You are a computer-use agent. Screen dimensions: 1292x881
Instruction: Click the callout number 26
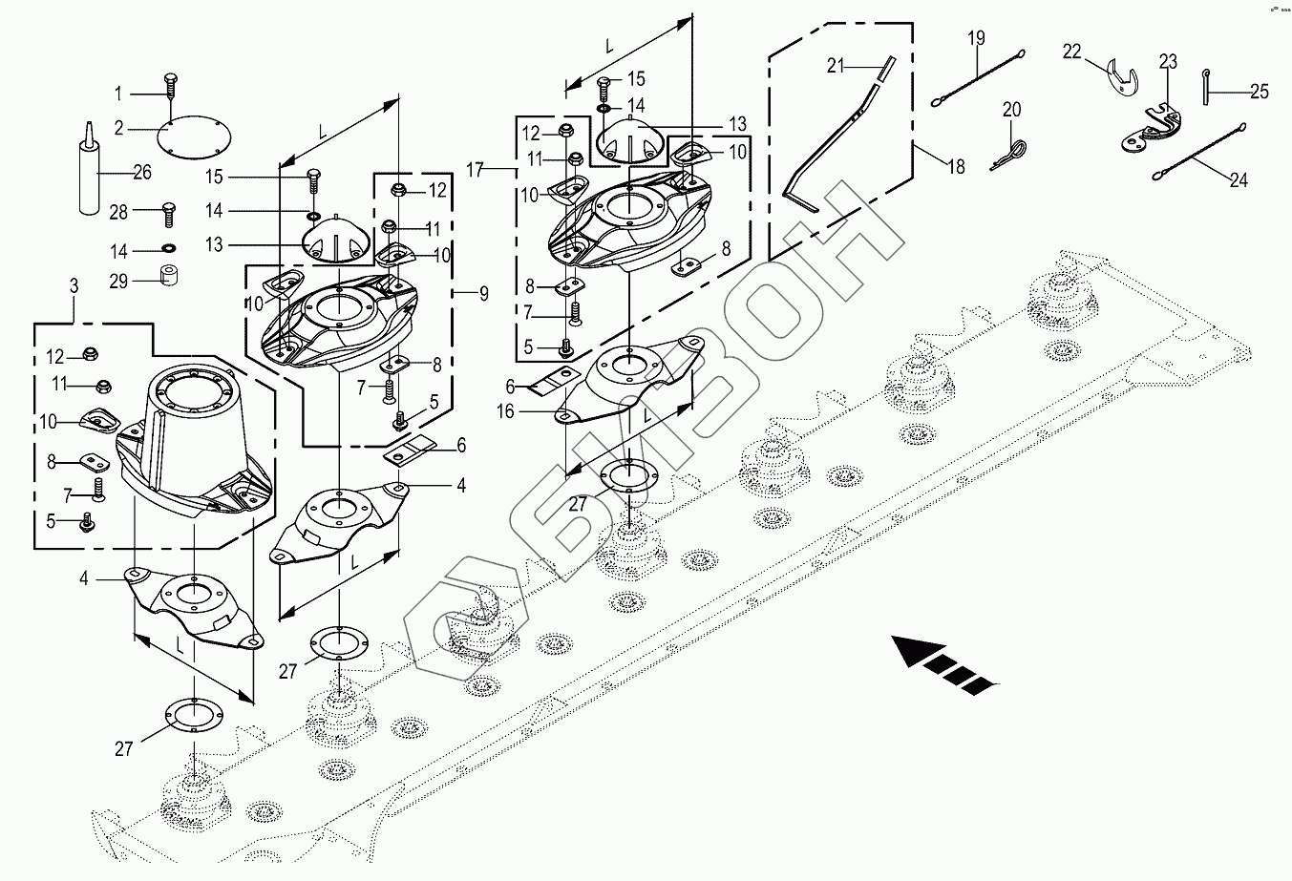[142, 172]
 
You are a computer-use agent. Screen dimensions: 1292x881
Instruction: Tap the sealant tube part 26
[90, 169]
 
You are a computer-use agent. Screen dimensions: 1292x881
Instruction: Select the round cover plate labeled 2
[194, 138]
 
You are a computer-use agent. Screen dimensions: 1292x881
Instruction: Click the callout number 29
[118, 282]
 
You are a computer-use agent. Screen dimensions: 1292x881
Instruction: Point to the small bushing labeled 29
[168, 275]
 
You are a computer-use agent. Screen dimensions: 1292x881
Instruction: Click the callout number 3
[74, 286]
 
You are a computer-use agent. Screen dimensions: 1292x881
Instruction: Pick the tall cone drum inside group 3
[195, 443]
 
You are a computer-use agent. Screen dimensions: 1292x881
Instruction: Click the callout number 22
[1071, 52]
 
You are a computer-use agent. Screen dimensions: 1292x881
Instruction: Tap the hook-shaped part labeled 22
[1122, 76]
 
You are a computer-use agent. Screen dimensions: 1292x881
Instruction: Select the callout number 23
[1169, 61]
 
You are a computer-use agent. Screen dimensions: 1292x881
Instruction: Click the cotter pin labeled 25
[1205, 87]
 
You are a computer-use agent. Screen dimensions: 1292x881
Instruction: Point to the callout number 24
[1239, 180]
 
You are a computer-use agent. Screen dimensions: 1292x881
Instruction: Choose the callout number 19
[976, 38]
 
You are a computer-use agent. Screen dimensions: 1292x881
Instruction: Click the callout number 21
[836, 66]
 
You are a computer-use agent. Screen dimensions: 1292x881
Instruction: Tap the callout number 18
[956, 167]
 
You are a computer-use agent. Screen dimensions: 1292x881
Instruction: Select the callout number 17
[475, 170]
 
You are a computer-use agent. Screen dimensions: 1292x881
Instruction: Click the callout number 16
[505, 411]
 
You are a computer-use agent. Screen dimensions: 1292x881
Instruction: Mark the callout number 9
[484, 294]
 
